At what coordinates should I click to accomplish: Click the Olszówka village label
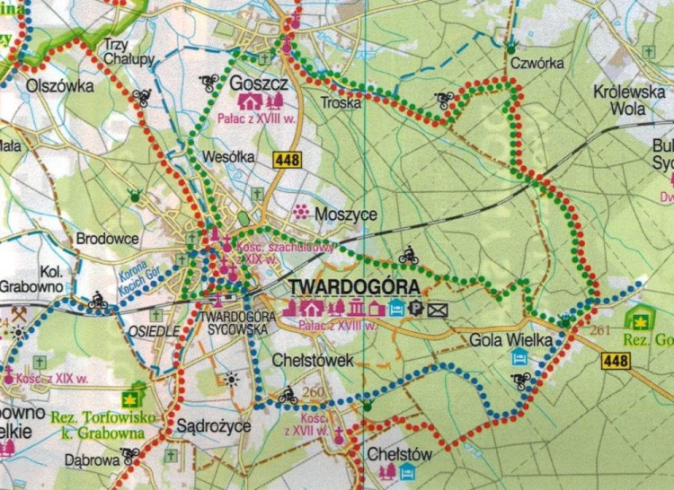[x=36, y=86]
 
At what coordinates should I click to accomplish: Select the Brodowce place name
[x=107, y=240]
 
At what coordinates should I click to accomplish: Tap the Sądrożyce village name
[x=213, y=426]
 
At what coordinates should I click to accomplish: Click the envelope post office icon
[x=438, y=311]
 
